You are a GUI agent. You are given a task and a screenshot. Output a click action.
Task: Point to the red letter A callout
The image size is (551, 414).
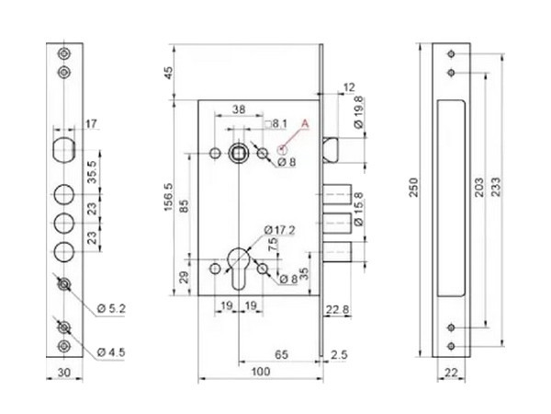coord(306,121)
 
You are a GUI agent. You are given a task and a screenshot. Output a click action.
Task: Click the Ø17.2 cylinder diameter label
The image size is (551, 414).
coord(278,228)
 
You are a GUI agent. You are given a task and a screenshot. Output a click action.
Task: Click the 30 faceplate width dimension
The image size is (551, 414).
coord(62,372)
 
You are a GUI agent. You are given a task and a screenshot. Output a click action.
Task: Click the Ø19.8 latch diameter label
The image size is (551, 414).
coord(356,114)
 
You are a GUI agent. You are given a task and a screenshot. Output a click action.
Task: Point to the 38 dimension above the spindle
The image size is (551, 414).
coord(238,108)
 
